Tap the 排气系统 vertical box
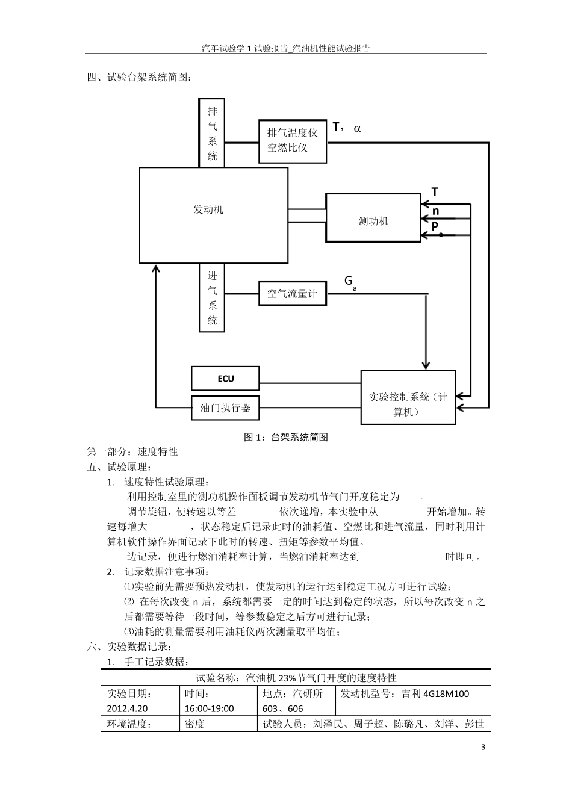(212, 133)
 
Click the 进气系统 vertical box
(212, 298)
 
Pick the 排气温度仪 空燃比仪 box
(293, 140)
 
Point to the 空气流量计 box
(292, 294)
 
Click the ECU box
(225, 379)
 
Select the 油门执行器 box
(225, 408)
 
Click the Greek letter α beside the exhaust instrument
(358, 128)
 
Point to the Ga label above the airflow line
(350, 282)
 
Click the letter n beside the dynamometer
(435, 211)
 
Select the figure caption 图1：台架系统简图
(286, 438)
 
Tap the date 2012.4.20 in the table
(127, 709)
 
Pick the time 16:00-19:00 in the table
(210, 709)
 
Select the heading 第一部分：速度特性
(132, 451)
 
